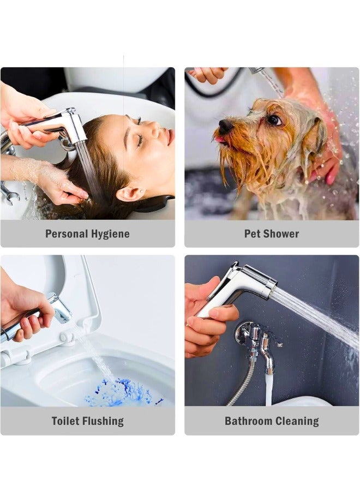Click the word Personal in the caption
[67, 234]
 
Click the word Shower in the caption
[281, 234]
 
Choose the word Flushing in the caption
[104, 421]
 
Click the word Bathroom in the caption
[249, 421]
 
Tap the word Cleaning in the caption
[297, 421]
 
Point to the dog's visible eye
[274, 120]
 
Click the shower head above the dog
[256, 71]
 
